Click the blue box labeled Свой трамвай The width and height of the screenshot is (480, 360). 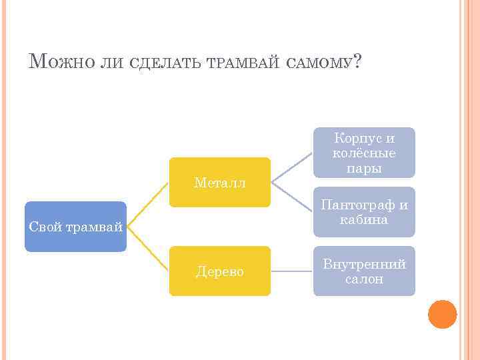tap(75, 227)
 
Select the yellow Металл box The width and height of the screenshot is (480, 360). tap(219, 182)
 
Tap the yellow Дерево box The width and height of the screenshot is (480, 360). tap(219, 271)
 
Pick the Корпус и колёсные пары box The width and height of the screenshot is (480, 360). tap(364, 153)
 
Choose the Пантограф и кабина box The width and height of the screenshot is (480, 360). tap(364, 212)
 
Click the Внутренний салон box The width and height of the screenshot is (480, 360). tap(364, 271)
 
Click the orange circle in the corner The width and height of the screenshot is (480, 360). tap(442, 314)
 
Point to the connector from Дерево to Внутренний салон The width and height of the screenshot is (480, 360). tap(292, 271)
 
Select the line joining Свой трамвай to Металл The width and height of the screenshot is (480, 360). tap(148, 204)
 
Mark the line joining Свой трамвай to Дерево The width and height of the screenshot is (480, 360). tap(148, 249)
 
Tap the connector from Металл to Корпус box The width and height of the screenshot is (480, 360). tap(292, 167)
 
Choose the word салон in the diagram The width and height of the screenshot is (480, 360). tap(364, 279)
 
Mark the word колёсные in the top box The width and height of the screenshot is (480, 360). tap(364, 153)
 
